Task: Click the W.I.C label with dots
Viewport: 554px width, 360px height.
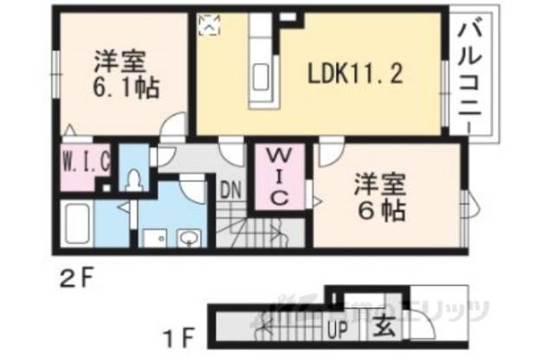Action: coord(85,161)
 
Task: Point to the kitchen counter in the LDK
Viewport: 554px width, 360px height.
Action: coord(261,62)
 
